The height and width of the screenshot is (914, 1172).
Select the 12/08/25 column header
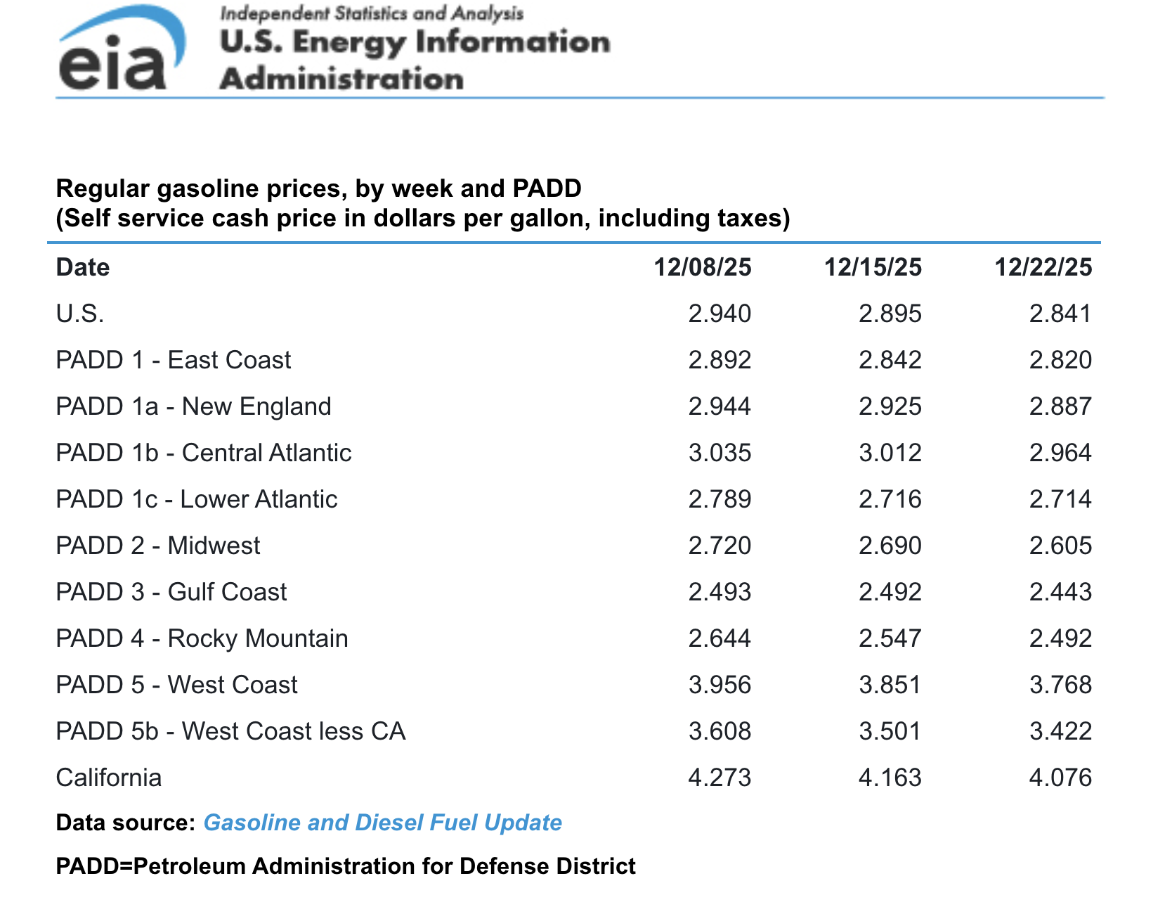coord(702,267)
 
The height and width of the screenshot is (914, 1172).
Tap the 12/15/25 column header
coord(872,267)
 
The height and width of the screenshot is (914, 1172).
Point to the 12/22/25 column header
coord(1043,267)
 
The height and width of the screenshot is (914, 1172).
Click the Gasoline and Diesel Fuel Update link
coord(382,823)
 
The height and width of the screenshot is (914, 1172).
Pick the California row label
coord(109,778)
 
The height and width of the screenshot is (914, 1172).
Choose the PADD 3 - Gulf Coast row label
coord(171,592)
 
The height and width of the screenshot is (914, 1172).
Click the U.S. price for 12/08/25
coord(720,314)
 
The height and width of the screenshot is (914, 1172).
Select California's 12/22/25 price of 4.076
coord(1060,778)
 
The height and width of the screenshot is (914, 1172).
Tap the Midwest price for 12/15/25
coord(890,546)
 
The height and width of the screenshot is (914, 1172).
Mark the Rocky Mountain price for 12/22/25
coord(1060,638)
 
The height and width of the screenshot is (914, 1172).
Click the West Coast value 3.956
coord(720,685)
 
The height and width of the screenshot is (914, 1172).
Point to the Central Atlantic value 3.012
coord(890,453)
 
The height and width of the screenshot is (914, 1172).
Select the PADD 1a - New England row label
coord(193,406)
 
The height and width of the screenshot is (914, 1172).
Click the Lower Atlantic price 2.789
coord(720,499)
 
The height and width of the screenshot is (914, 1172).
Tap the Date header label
coord(83,267)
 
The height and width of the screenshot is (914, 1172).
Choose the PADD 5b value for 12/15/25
coord(890,731)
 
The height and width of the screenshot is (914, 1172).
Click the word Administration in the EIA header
coord(341,79)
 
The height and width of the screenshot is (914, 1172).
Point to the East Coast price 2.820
coord(1060,360)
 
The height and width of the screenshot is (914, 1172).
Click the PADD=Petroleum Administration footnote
coord(346,866)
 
